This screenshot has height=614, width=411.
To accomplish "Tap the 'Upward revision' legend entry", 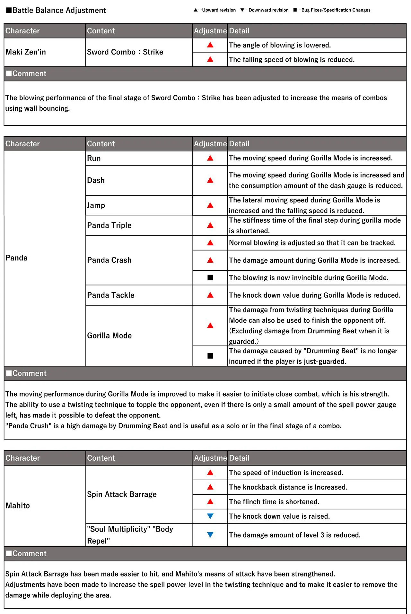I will tap(215, 10).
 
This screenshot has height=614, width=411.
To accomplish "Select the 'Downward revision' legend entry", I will tap(265, 10).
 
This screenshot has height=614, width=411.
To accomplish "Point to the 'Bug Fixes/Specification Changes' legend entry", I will tap(332, 10).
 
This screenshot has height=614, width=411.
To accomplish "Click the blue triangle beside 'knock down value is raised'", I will tap(210, 516).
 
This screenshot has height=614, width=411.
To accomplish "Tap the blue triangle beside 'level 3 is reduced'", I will tap(210, 535).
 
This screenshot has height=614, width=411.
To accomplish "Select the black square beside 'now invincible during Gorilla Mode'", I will tap(210, 277).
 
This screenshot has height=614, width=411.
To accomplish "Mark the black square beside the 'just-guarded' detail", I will tap(210, 356).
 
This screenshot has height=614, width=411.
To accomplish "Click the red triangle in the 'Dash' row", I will tap(210, 180).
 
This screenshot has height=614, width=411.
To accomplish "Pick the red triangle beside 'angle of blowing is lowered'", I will tap(210, 45).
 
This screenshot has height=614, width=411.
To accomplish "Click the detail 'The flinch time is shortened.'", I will tap(274, 502).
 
